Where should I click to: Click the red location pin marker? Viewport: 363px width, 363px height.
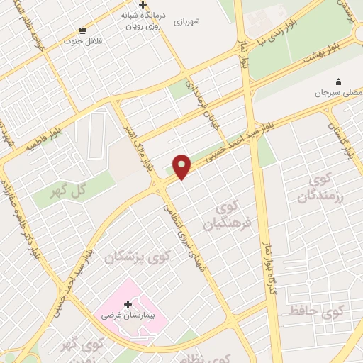182,165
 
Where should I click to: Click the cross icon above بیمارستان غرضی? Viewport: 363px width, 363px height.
128,304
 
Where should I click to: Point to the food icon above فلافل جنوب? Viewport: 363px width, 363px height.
83,30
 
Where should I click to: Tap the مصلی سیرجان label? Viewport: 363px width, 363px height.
338,92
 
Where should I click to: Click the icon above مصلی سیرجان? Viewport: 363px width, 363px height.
338,81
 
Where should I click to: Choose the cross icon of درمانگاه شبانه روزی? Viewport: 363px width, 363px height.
143,5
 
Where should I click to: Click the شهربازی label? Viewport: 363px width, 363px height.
185,21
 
